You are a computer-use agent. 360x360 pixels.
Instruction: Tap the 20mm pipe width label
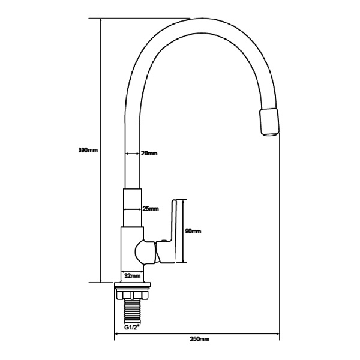[x=149, y=154]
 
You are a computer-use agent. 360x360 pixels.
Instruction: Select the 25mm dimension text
[x=150, y=209]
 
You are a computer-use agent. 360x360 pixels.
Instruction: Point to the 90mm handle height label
[x=193, y=231]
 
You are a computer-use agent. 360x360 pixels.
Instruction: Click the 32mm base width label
[x=132, y=276]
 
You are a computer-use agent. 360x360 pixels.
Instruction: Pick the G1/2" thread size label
[x=132, y=328]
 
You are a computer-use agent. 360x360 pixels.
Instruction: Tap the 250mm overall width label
[x=199, y=340]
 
